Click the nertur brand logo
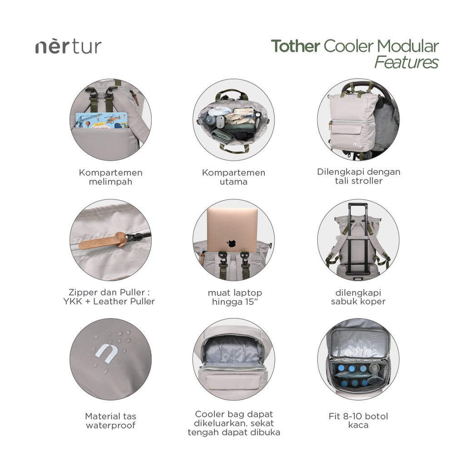click(68, 47)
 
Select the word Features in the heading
click(406, 62)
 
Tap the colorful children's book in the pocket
click(101, 120)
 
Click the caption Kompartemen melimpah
click(110, 177)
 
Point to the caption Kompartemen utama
click(233, 177)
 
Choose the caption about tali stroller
click(358, 176)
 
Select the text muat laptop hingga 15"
click(235, 297)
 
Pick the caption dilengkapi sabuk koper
click(358, 297)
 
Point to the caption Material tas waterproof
click(110, 420)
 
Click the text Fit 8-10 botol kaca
click(358, 420)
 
